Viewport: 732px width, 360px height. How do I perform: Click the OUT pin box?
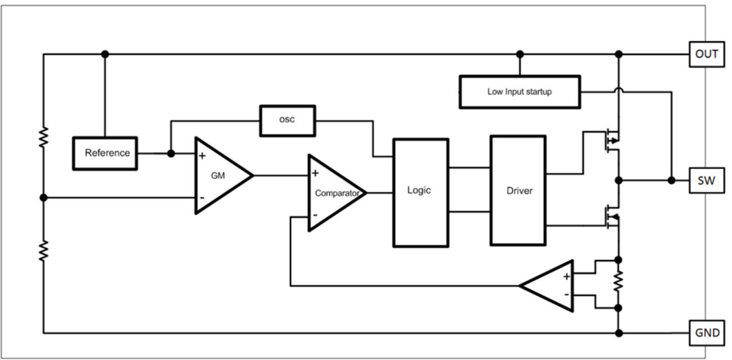click(x=707, y=54)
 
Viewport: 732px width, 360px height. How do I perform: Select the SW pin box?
click(x=707, y=180)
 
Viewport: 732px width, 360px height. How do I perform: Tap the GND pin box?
click(x=707, y=333)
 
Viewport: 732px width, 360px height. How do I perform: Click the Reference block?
click(x=105, y=153)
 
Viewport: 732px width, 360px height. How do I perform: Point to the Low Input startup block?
click(x=519, y=92)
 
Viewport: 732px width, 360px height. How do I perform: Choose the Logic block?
click(x=420, y=192)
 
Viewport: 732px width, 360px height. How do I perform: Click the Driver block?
click(x=518, y=190)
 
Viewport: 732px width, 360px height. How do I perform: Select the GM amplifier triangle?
click(x=220, y=175)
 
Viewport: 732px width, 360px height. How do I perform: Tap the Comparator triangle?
click(x=333, y=192)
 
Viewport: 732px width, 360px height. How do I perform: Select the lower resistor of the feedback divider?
click(x=43, y=250)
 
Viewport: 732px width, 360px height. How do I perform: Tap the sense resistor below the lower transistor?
click(x=618, y=283)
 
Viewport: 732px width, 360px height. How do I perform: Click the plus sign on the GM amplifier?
click(x=202, y=155)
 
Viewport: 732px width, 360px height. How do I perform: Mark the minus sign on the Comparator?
click(x=315, y=215)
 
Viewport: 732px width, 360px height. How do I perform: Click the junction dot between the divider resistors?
click(x=43, y=198)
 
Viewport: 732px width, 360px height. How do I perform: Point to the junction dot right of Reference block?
click(x=171, y=154)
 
